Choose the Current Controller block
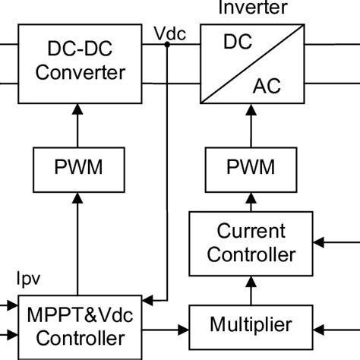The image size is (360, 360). coord(251,242)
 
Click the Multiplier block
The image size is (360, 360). coord(251,326)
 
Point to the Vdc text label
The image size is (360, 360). coord(168,33)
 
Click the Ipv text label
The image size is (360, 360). coord(28,279)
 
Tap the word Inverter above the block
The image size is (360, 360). coord(253,8)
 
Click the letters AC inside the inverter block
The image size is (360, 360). coord(266,85)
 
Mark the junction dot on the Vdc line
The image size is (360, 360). coord(167,45)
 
